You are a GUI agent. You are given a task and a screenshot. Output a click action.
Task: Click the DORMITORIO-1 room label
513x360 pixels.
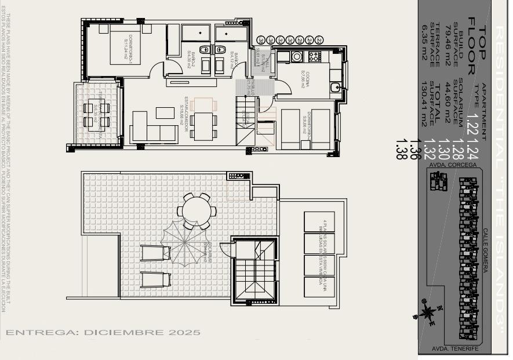point(126,45)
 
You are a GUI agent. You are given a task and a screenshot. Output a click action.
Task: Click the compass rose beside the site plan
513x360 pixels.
point(428,312)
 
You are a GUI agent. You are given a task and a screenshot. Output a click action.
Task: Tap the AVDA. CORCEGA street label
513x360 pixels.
point(453,165)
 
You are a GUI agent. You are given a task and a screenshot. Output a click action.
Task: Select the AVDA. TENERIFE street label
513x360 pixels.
point(455,349)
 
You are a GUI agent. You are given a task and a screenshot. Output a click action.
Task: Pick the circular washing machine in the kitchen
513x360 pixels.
point(297,56)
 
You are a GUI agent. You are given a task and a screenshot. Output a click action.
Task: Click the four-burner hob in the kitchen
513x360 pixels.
point(314,56)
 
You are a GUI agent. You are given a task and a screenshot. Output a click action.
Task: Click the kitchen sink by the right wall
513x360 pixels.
point(335,88)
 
